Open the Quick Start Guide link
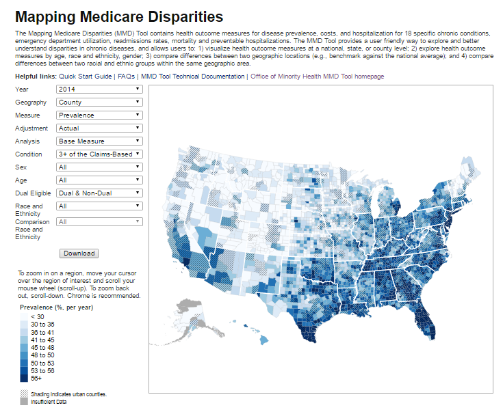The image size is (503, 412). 86,77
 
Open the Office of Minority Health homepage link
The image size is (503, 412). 317,77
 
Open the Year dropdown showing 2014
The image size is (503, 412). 99,89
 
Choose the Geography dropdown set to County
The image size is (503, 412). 99,102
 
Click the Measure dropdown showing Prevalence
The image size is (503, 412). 99,115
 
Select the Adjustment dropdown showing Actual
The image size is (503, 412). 99,128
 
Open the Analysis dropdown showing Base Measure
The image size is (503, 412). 99,141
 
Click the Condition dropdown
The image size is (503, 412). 99,154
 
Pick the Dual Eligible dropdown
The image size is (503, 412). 99,193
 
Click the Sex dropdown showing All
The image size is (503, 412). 99,167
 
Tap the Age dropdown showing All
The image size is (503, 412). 99,180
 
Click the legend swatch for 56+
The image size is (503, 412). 25,378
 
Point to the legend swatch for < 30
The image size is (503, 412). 25,316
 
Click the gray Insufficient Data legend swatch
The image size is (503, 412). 25,402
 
